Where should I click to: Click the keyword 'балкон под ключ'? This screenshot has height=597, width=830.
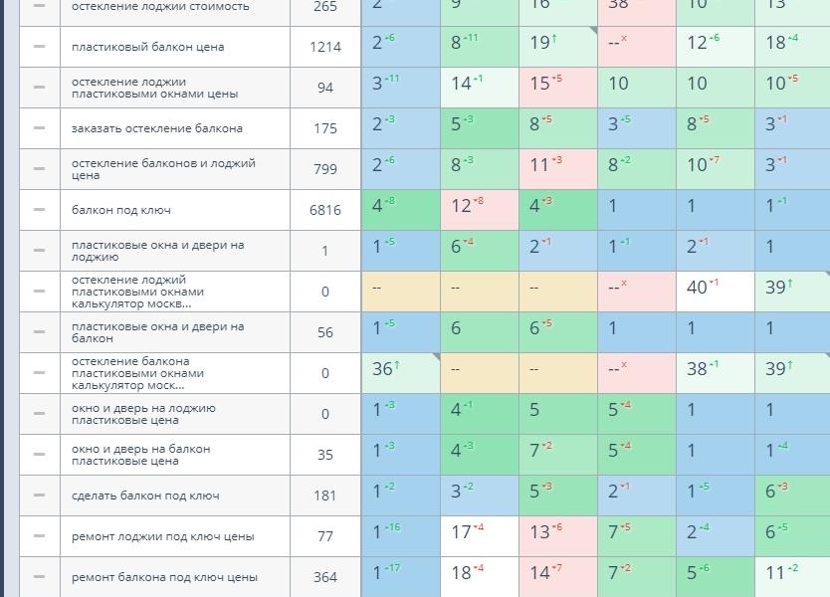coord(121,210)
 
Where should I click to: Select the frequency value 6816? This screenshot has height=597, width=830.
coord(325,210)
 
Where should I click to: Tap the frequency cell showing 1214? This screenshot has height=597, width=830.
coord(325,47)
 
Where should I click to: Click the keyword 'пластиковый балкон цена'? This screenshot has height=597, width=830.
coord(147,47)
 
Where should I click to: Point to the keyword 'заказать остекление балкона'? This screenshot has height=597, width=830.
coord(156,128)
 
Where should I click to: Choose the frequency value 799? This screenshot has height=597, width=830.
coord(325,169)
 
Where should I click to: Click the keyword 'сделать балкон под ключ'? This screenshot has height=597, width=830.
coord(145,496)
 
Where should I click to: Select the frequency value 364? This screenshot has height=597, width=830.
coord(325,577)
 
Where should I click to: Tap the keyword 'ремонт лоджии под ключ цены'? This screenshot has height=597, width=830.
coord(162,536)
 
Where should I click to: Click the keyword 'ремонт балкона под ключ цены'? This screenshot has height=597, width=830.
coord(164,577)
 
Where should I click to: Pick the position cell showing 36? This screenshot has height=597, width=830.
coord(383,369)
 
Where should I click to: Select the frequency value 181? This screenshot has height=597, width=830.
coord(325,496)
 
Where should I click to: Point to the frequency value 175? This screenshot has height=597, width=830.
coord(325,128)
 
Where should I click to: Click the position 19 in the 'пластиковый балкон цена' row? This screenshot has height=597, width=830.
coord(541,43)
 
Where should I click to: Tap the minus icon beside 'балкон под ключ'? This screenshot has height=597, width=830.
coord(40,210)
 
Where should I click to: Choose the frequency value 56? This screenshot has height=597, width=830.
coord(325,332)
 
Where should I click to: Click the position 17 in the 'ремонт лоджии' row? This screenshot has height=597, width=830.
coord(462,532)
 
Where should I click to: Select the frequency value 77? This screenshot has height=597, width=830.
coord(325,536)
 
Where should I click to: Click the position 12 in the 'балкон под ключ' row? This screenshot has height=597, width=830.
coord(462,206)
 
